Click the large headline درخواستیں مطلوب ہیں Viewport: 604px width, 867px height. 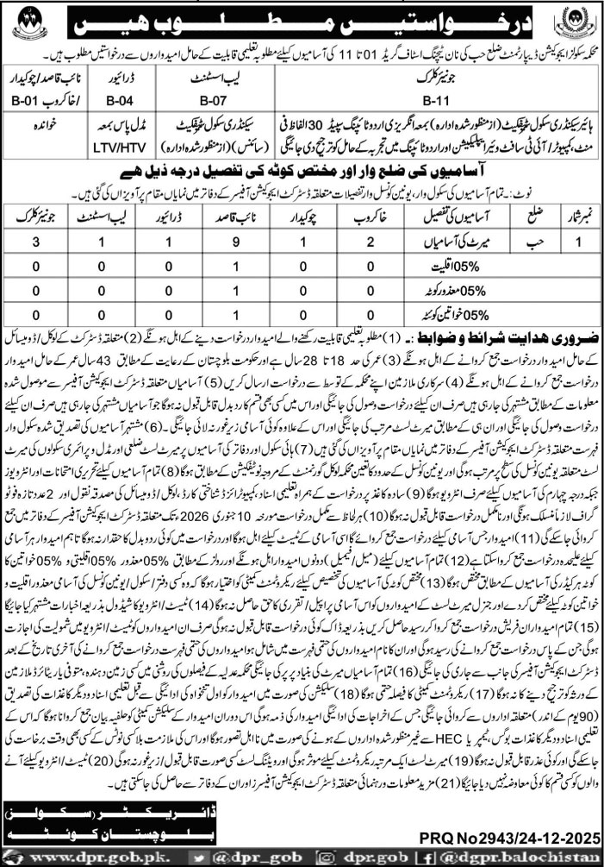click(302, 18)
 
